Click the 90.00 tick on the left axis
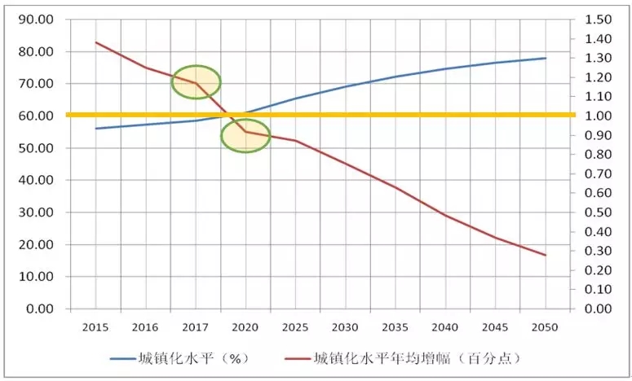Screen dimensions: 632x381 36,20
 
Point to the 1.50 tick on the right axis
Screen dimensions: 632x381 598,20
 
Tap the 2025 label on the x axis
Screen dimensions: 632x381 295,327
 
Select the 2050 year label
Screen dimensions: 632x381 545,327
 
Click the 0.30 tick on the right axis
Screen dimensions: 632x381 598,251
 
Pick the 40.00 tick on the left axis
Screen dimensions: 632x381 36,180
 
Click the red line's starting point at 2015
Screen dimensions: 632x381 96,42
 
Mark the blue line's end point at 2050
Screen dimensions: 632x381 546,58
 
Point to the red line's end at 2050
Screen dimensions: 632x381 546,255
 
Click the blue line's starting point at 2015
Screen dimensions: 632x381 96,129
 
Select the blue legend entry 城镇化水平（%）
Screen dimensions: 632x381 180,358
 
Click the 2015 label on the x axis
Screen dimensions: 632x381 95,327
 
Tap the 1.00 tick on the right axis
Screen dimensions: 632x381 598,116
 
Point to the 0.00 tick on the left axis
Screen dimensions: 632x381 39,309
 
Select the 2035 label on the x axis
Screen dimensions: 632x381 395,327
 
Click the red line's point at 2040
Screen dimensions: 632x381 446,216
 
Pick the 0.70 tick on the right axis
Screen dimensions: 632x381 598,173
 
